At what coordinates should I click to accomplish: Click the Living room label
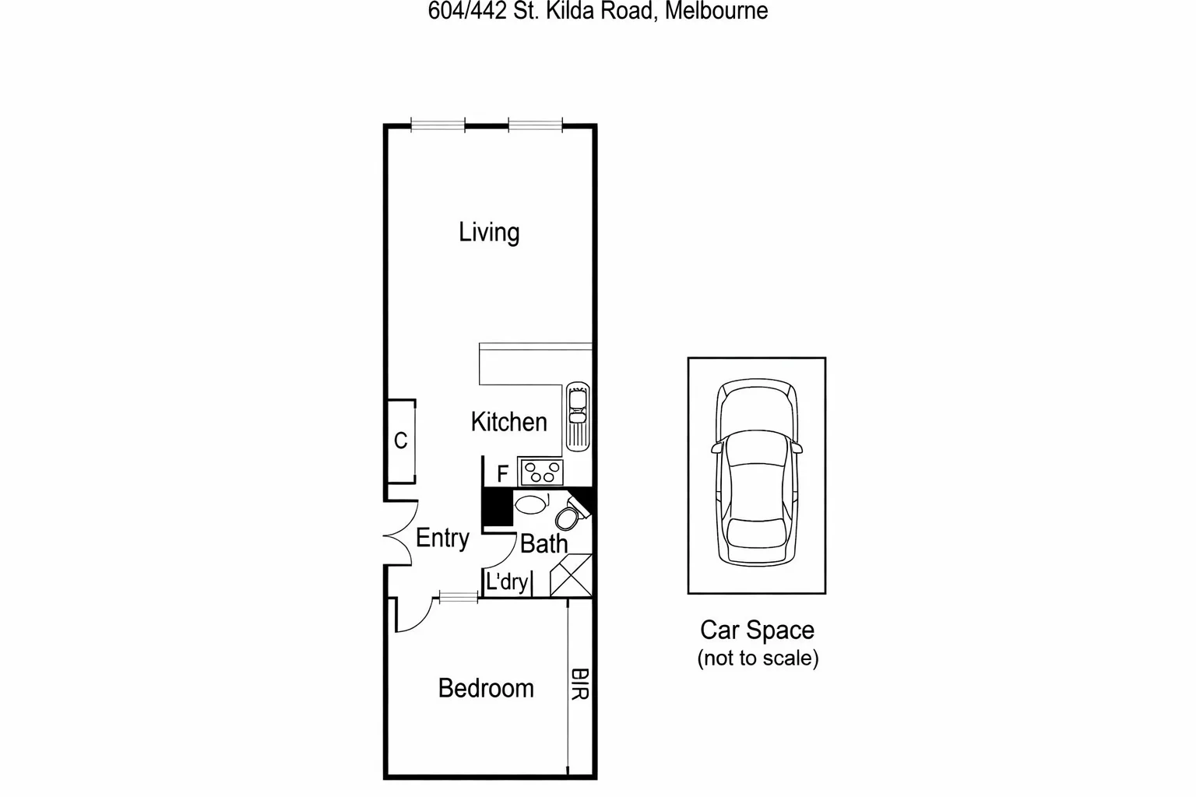[488, 232]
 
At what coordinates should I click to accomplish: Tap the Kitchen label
[508, 422]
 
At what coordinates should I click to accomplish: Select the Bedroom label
[486, 688]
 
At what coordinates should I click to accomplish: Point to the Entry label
[442, 538]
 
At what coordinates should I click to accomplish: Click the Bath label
[543, 543]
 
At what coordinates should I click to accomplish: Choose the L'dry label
[507, 581]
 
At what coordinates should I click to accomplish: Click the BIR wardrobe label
[579, 683]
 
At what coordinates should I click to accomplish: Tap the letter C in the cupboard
[400, 441]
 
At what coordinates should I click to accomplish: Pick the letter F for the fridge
[502, 473]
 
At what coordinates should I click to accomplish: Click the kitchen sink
[577, 416]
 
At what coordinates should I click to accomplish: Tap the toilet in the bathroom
[569, 515]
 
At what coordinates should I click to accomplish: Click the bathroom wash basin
[531, 504]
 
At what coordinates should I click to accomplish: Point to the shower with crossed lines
[571, 576]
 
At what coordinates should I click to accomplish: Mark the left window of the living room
[437, 124]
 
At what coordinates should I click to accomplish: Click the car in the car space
[756, 474]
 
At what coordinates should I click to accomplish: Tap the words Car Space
[757, 630]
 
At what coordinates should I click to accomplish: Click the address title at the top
[597, 11]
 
